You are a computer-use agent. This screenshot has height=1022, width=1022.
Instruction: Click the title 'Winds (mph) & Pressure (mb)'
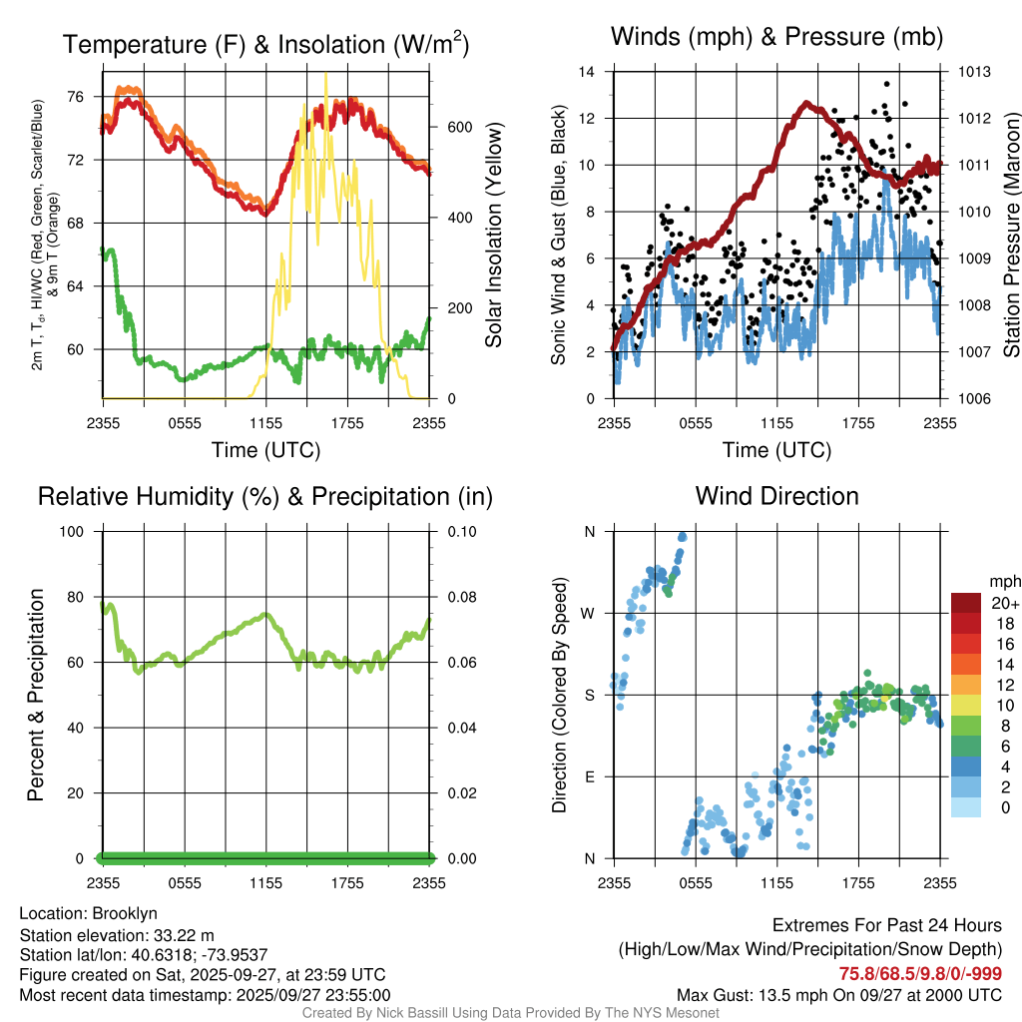click(x=776, y=37)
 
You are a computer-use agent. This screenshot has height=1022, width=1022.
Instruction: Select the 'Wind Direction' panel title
click(x=776, y=496)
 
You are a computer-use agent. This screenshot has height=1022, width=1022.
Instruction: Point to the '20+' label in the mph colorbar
click(x=1005, y=603)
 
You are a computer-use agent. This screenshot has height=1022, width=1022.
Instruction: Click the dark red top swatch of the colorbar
click(x=966, y=603)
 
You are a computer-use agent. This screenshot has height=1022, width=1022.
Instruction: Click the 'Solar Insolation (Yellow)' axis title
click(x=494, y=236)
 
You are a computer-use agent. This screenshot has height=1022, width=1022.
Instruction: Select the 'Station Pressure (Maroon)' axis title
click(x=1010, y=235)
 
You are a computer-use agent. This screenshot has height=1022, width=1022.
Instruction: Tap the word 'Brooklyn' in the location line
click(x=125, y=913)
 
